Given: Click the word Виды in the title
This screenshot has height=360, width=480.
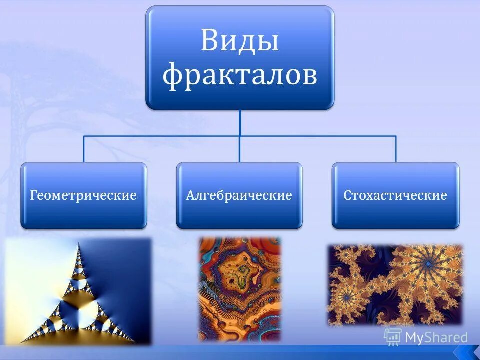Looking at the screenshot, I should point(239,42).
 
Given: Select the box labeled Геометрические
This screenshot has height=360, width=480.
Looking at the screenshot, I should point(83,195).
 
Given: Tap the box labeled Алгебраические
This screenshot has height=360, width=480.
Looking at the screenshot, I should point(239,195).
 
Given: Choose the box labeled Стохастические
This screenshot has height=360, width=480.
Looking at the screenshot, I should point(395,195).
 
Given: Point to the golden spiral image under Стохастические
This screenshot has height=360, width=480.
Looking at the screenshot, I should point(395,285).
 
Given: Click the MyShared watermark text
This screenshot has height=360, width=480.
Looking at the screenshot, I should point(436,338).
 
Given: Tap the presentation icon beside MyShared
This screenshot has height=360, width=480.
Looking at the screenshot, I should point(393,337).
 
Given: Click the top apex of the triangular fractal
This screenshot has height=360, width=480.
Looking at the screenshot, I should point(78,243).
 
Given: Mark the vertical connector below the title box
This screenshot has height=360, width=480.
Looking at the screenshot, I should point(240,122).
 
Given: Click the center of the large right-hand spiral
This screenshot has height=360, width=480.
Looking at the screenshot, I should point(427,262).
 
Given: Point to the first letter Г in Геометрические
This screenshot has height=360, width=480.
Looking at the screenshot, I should point(33,195).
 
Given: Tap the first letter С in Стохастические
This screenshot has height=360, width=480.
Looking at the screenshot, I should point(347,195).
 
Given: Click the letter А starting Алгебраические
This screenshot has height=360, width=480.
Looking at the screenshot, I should point(190,195).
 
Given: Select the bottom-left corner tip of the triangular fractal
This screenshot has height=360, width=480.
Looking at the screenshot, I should point(21,342).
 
